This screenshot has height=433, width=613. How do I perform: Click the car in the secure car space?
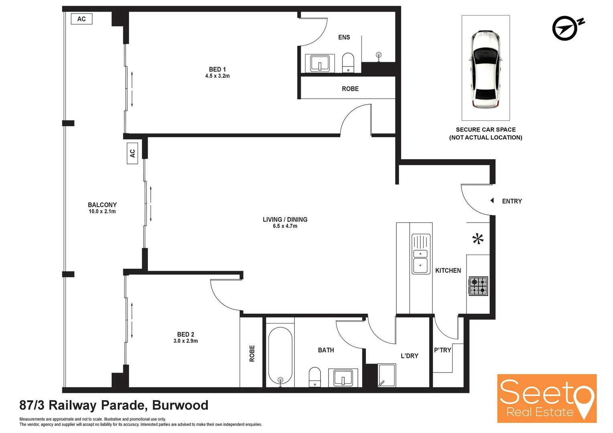coord(485,69)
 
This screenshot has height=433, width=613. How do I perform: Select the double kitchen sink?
coord(420,254)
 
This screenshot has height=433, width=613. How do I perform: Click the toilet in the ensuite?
coord(348,63)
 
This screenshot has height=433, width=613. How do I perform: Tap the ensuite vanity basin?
coord(320,63)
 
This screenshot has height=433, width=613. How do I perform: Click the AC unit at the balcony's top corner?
coord(81,19)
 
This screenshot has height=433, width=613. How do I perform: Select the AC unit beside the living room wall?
coord(132,153)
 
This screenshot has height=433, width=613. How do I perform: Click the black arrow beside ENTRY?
coord(492,200)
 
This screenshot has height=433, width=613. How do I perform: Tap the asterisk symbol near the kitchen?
coord(477,239)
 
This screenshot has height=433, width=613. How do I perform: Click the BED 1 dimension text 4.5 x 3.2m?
coord(217,76)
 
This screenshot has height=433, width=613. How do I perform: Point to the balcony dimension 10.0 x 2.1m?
coord(102,211)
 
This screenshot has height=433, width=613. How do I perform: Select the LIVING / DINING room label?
coord(285,219)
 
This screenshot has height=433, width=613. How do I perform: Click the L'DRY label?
coord(409,356)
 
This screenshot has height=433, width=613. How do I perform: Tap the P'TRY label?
coord(442,350)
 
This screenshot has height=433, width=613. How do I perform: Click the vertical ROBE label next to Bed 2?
coord(252,353)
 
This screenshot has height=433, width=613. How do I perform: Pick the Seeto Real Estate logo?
coord(546,398)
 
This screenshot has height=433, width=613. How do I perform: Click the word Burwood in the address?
coord(180,405)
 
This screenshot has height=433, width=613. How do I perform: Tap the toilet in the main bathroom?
coord(315,377)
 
